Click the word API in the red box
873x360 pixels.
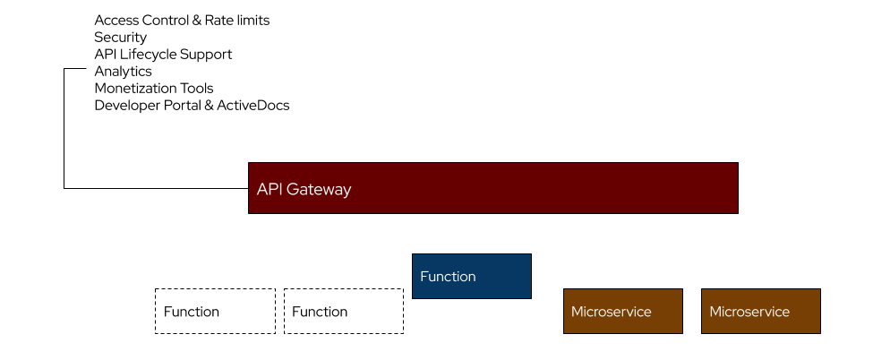pos(270,190)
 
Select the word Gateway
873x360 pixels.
pos(319,190)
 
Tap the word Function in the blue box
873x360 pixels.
pos(448,277)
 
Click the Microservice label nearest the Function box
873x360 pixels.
pos(611,312)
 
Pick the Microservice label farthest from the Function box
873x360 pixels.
pos(749,312)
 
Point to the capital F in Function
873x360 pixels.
pos(424,277)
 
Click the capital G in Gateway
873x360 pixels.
pos(293,190)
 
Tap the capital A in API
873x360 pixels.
pos(262,190)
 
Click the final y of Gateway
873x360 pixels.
pos(347,192)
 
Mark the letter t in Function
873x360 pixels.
pos(453,277)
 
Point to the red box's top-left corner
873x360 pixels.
pos(250,164)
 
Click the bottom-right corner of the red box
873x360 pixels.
pos(737,212)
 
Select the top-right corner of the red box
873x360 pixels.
pos(737,164)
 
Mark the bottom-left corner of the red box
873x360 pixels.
pos(250,212)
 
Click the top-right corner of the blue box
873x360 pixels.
pos(530,255)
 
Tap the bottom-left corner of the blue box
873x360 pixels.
pos(414,297)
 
